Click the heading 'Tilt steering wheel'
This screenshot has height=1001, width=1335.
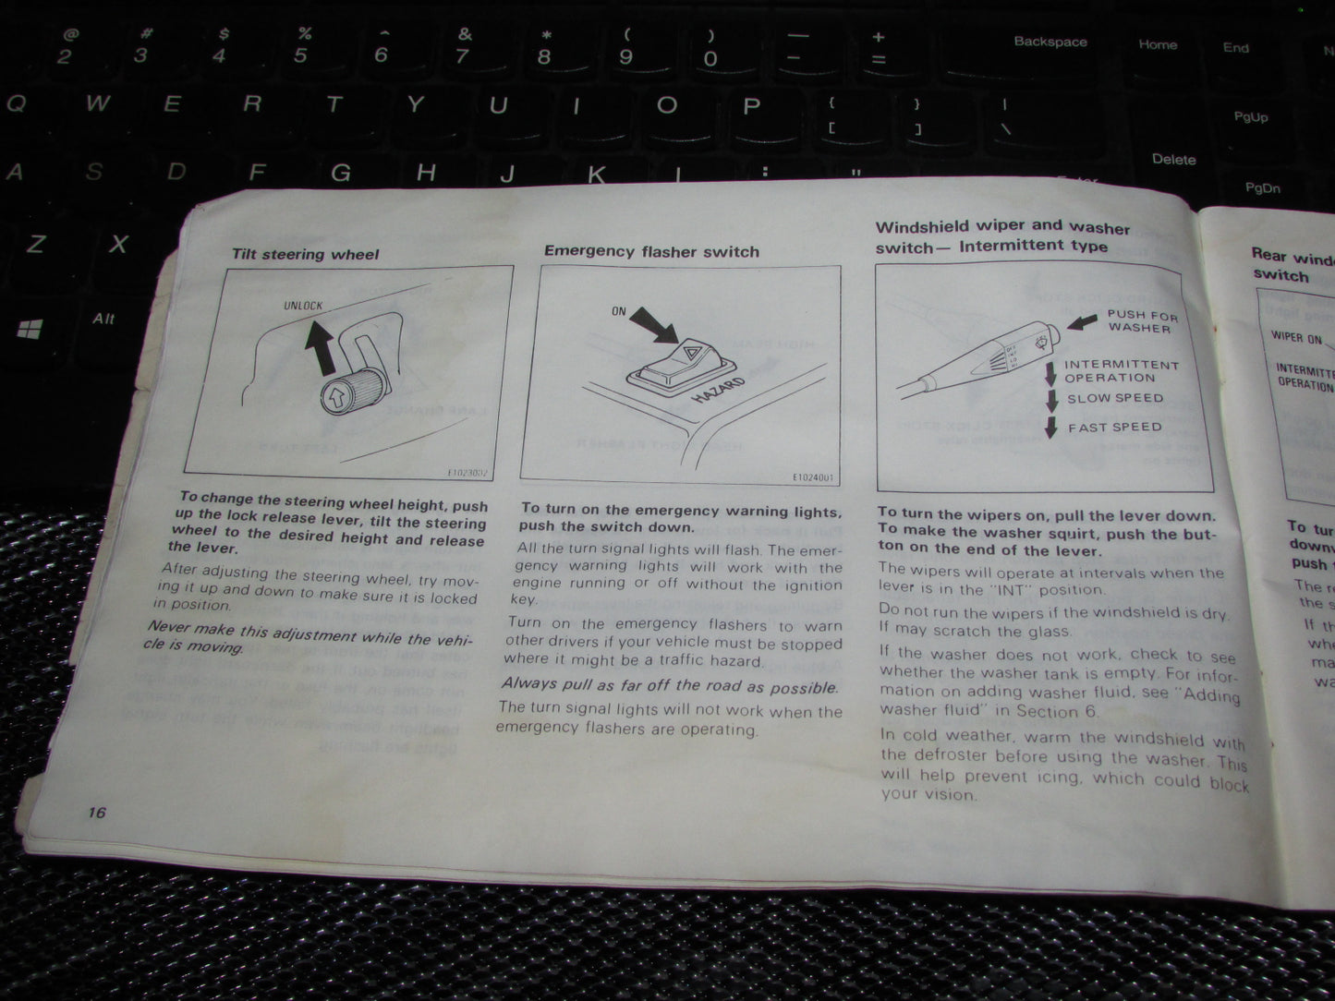coord(305,254)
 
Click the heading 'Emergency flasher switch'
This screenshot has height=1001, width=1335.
coord(650,251)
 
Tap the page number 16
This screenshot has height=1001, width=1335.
coord(97,813)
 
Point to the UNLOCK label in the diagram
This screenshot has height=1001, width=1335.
coord(303,306)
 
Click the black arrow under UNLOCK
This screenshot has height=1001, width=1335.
coord(319,345)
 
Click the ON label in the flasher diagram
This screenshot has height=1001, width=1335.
coord(619,312)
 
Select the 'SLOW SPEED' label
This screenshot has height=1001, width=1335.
coord(1115,399)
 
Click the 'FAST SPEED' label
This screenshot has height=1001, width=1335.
coord(1115,428)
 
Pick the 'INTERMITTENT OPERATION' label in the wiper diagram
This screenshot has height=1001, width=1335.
coord(1121,371)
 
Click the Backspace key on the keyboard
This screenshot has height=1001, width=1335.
coord(1050,42)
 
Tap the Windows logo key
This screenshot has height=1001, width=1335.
coord(30,328)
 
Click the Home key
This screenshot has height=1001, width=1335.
coord(1158,44)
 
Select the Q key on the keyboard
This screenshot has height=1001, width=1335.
coord(16,103)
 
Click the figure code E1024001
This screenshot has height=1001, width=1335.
coord(813,478)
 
